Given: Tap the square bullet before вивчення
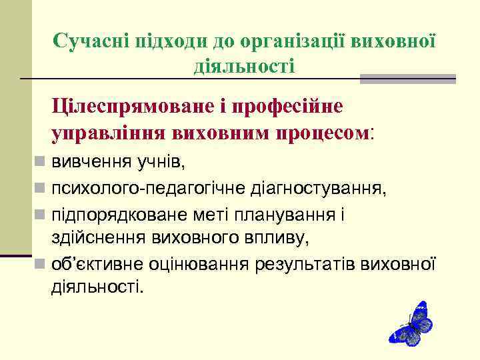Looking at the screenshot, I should (x=41, y=161).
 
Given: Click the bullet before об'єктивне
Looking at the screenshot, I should (x=41, y=265).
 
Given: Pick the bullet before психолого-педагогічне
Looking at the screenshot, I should (x=41, y=189).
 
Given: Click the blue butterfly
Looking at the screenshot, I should (x=411, y=323).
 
